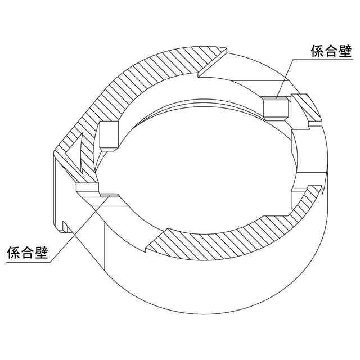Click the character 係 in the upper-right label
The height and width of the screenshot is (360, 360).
pos(318,52)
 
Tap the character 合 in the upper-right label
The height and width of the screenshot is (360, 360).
pos(332,52)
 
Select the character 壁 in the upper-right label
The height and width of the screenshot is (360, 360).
pos(345,52)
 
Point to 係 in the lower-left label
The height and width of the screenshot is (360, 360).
pos(13,252)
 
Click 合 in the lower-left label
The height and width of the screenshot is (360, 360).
pos(28,252)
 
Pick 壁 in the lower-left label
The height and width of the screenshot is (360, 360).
pos(41,252)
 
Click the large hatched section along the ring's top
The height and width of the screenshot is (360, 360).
pos(157,73)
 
